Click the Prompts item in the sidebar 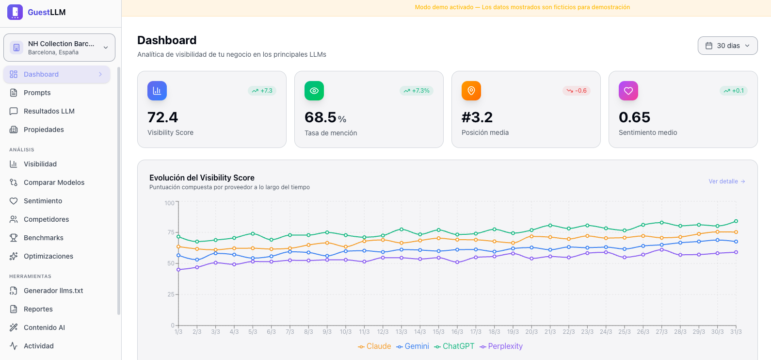[x=37, y=93]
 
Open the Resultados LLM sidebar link [x=49, y=111]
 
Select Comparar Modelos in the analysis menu [x=54, y=182]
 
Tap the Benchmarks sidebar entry [x=43, y=238]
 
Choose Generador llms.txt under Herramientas [x=53, y=291]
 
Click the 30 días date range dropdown [x=727, y=46]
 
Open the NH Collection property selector [x=59, y=48]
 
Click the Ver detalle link [x=726, y=181]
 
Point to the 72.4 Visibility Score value [x=162, y=117]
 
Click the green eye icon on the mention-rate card [x=314, y=91]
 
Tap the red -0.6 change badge [x=577, y=91]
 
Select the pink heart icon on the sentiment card [x=628, y=91]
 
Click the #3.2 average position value [x=477, y=117]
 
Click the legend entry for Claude [x=374, y=346]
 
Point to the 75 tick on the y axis [x=171, y=232]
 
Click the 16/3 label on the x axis [x=457, y=332]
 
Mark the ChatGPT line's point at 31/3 [x=736, y=221]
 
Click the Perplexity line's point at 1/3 [x=178, y=270]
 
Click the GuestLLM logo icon [x=15, y=12]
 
